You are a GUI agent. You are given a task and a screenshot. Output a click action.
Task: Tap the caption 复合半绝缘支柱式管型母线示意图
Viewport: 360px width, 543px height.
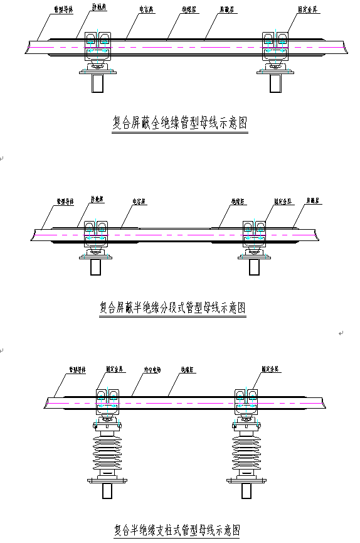coord(177,530)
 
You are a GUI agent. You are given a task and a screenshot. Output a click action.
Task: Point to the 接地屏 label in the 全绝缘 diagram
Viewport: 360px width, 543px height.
coord(101,8)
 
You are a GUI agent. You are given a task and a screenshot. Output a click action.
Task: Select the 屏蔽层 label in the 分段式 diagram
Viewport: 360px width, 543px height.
coord(313,202)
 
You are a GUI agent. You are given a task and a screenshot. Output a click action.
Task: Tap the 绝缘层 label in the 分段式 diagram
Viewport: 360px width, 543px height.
coord(237,202)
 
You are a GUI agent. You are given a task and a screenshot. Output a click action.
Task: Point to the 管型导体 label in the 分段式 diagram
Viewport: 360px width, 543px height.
coord(65,202)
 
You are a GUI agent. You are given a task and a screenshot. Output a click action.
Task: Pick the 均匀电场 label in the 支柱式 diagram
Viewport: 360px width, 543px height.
coord(153,370)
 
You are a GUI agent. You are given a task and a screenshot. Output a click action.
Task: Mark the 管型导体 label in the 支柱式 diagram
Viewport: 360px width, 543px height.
coord(78,370)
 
